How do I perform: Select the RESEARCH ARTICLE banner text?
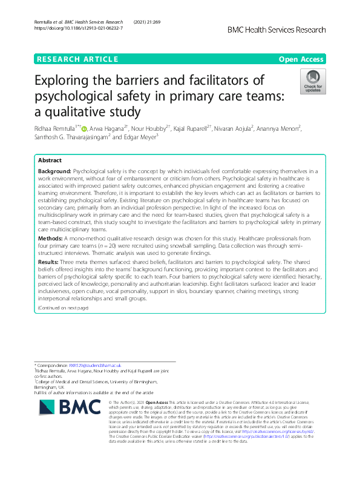click(77, 59)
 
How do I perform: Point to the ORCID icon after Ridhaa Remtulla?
click(83, 128)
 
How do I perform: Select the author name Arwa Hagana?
click(107, 128)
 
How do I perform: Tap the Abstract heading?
click(50, 160)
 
